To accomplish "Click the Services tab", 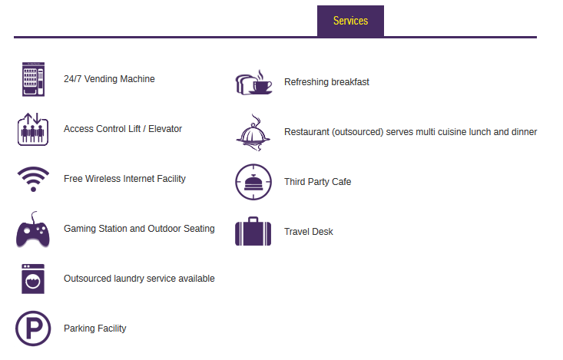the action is coord(350,21).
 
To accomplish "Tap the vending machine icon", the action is coord(33,79).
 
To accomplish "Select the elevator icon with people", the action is coord(33,129).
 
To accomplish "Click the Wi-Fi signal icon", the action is coord(33,179).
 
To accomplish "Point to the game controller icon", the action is coord(33,230).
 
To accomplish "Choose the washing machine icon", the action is coord(33,279).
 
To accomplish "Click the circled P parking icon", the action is coord(33,329).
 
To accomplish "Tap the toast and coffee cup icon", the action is coord(253,82).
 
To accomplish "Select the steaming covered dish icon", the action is coord(253,133).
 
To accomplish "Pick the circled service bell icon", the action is coord(253,182).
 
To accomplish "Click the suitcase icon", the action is coord(253,232).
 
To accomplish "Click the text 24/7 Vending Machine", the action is coord(109,79).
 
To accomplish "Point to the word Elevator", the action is coord(165,129).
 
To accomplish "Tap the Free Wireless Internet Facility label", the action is coord(124,179).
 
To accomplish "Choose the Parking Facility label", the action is coord(95,329).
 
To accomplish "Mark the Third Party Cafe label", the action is coord(318,182).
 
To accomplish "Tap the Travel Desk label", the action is coord(309,232).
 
